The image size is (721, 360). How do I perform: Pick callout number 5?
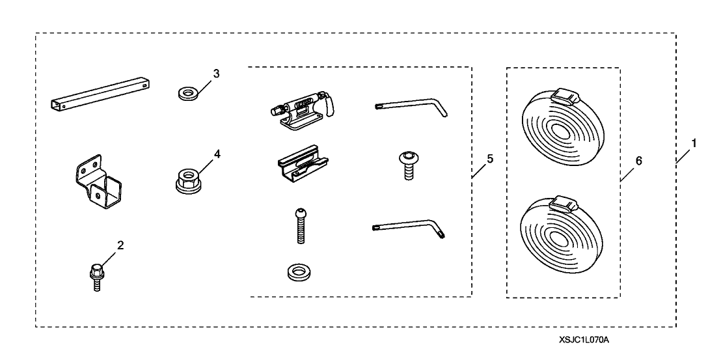point(489,158)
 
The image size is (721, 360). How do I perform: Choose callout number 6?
point(638,161)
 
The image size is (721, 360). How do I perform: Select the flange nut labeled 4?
point(188,178)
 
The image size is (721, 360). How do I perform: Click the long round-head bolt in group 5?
point(301,226)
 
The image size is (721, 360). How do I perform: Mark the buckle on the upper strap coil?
point(563,98)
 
